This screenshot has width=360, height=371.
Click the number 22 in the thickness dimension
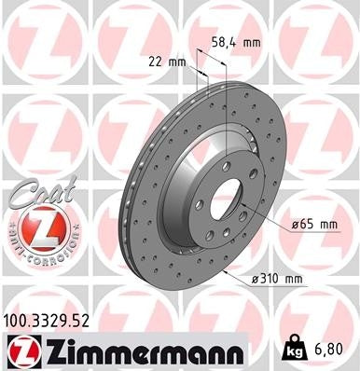[x=155, y=62]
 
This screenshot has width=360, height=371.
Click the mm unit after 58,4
[x=251, y=43]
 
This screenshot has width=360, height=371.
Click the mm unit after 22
[x=175, y=62]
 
